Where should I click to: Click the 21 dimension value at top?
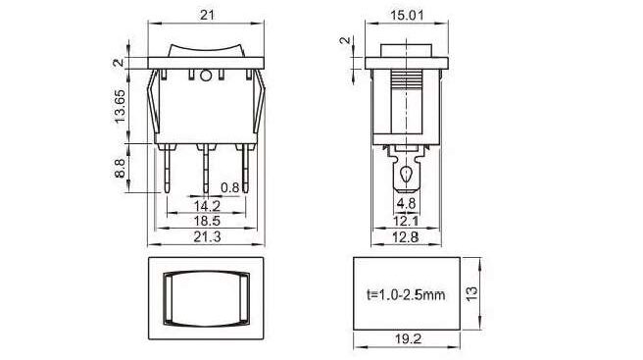[x=207, y=15]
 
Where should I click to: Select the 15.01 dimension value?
[x=407, y=15]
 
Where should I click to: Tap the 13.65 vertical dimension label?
[x=120, y=106]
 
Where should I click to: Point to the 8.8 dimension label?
[x=120, y=169]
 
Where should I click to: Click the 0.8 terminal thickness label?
[x=229, y=187]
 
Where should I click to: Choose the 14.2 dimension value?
[x=207, y=206]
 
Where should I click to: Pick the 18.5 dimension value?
[x=207, y=221]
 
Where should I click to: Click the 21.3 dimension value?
[x=207, y=236]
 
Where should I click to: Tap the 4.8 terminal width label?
[x=406, y=204]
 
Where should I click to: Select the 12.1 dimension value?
[x=406, y=222]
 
